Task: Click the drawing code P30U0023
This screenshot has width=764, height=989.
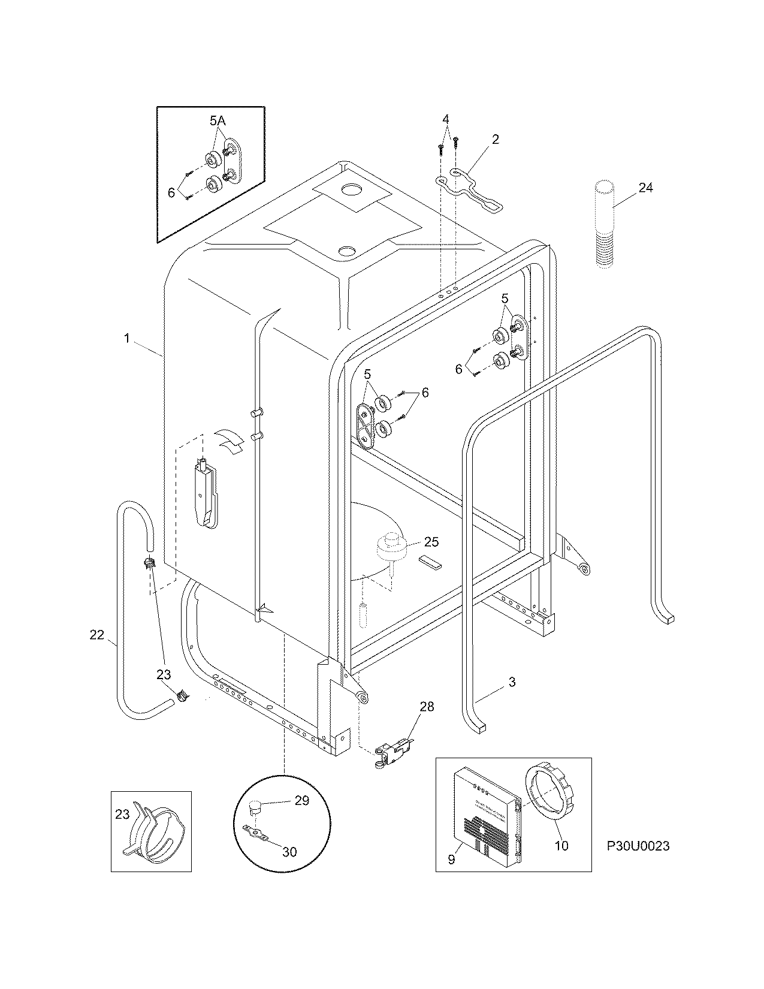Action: pyautogui.click(x=638, y=846)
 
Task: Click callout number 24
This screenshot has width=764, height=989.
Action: pyautogui.click(x=645, y=188)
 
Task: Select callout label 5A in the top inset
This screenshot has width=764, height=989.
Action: pyautogui.click(x=218, y=121)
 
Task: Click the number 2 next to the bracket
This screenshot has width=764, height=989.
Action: pyautogui.click(x=495, y=139)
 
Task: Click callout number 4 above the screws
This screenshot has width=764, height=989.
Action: pyautogui.click(x=446, y=118)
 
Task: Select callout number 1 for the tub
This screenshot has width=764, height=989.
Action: pyautogui.click(x=127, y=339)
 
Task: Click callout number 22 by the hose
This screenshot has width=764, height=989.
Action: pyautogui.click(x=97, y=635)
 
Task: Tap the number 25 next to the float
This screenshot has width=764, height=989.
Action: pyautogui.click(x=431, y=542)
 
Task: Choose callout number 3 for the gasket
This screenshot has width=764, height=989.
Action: pyautogui.click(x=512, y=682)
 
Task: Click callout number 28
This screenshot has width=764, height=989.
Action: pyautogui.click(x=427, y=707)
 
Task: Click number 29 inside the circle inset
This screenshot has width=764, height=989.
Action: pyautogui.click(x=302, y=800)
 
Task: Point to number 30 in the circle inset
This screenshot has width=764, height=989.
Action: pyautogui.click(x=289, y=851)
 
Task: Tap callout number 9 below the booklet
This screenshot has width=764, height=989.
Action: pyautogui.click(x=451, y=860)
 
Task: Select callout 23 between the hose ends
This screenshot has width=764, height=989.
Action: pyautogui.click(x=164, y=674)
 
